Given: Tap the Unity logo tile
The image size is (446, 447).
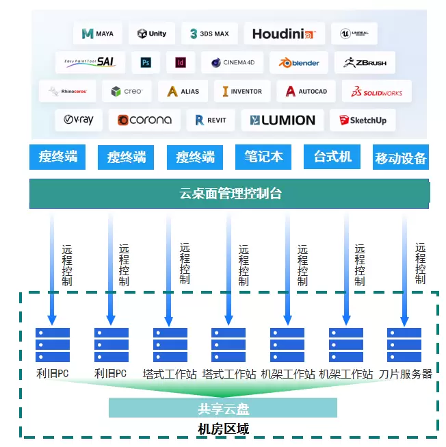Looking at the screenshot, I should [151, 34].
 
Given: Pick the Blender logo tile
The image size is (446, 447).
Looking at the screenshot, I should [299, 62].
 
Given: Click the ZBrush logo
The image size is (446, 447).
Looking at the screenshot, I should [365, 62].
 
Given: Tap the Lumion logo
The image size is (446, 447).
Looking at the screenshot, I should [283, 120].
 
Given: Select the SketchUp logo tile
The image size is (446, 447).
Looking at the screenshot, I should [363, 120].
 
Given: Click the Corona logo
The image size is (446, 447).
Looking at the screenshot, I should [144, 120].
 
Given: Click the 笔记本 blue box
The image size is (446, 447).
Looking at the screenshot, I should [263, 157].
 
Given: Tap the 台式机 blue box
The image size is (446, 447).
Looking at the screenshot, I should [332, 157].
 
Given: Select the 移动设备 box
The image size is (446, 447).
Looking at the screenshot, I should [401, 158].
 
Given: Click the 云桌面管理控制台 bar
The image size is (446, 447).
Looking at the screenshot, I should [230, 194].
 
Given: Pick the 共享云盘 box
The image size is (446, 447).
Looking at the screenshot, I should [223, 409].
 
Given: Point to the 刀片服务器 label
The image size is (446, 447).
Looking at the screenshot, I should [406, 374].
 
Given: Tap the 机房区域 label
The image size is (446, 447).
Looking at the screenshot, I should [223, 429].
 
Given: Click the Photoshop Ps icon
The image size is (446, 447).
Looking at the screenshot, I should [146, 62].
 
